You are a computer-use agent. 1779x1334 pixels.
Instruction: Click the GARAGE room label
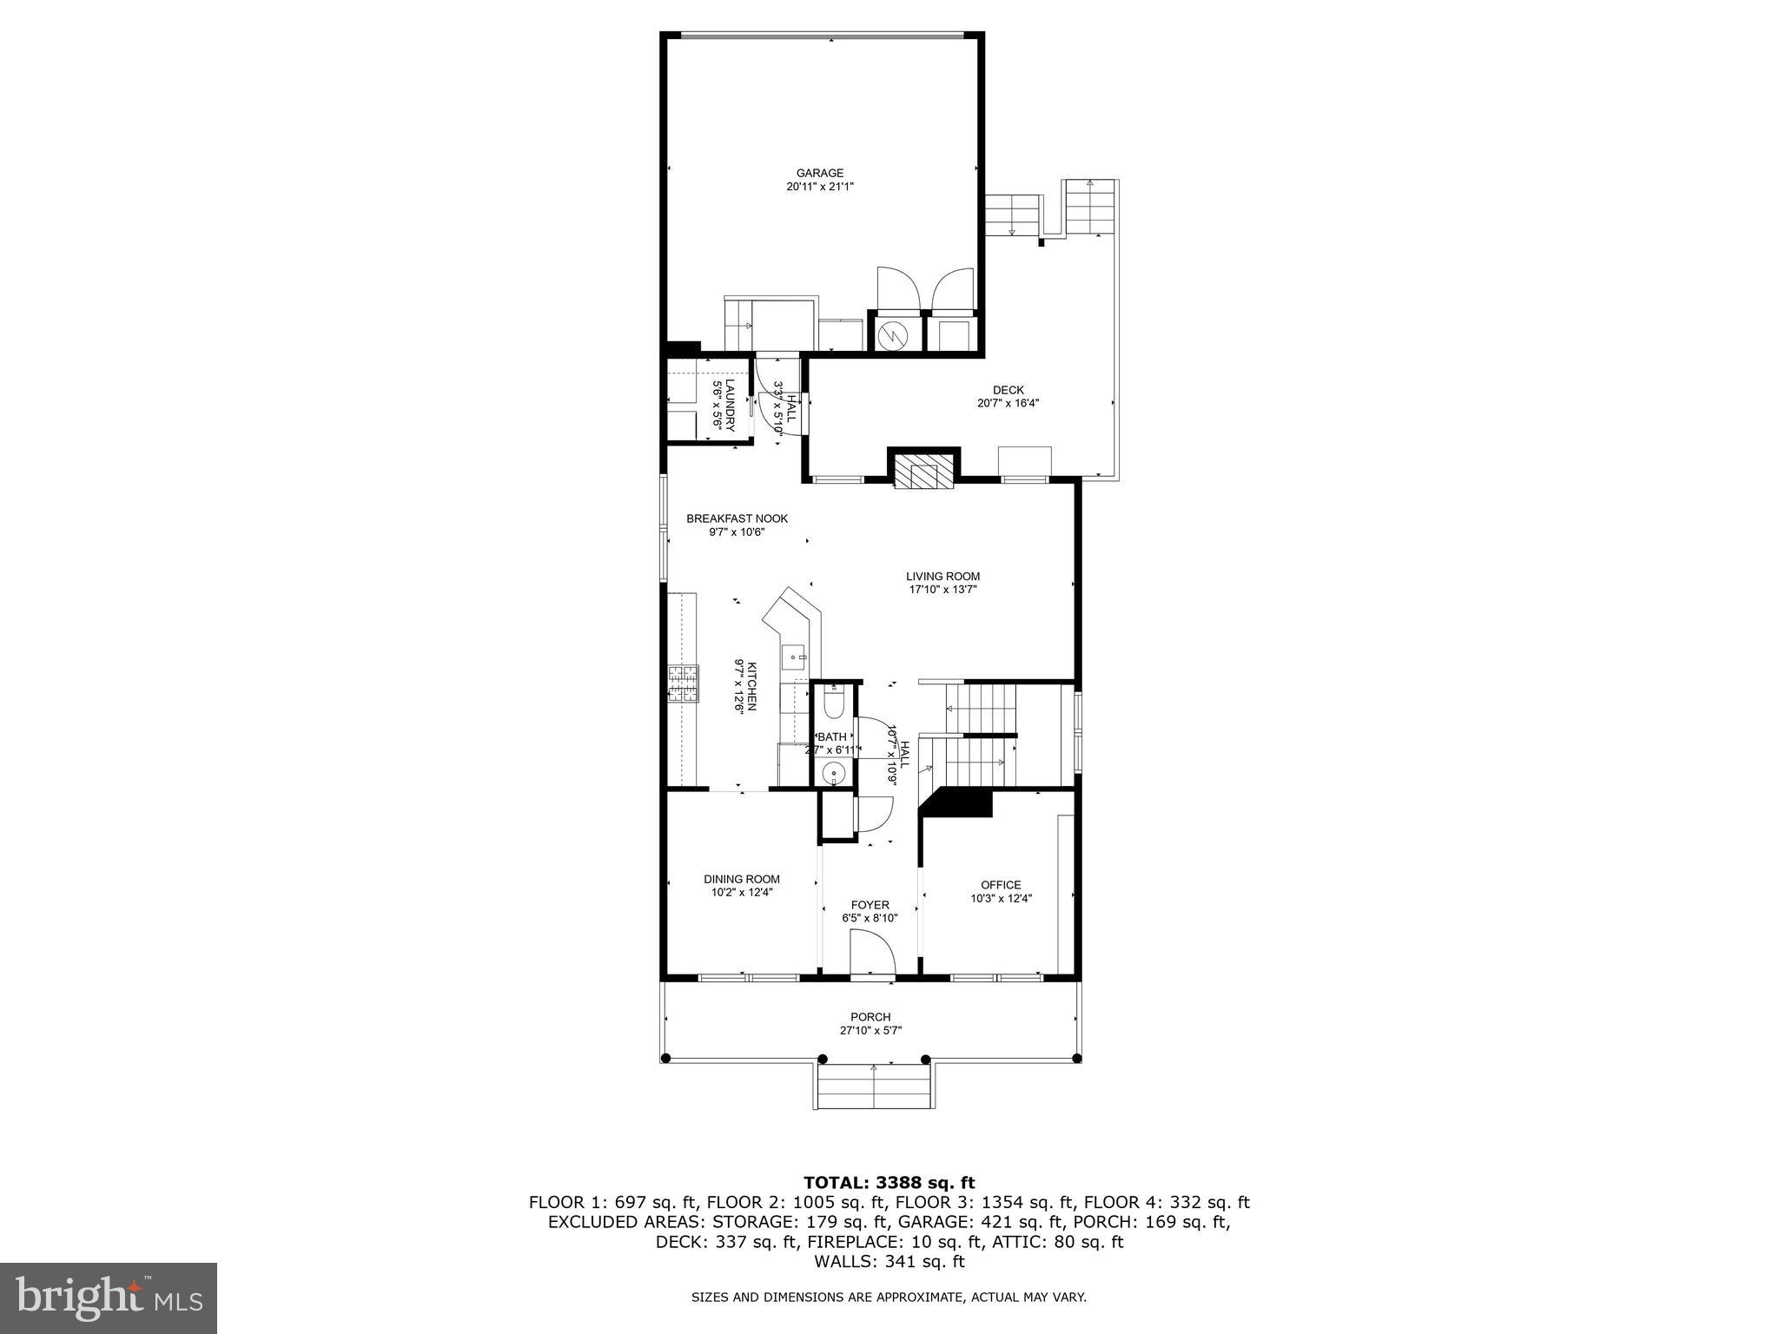[x=820, y=173]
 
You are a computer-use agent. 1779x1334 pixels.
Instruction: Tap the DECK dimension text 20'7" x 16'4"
[x=1008, y=403]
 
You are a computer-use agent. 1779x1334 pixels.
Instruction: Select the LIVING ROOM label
[x=942, y=576]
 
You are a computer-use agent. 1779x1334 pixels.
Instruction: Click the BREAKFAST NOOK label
[x=737, y=518]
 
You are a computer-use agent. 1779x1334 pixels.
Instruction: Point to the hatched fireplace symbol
[x=923, y=473]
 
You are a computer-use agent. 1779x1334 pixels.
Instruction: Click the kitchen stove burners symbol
[x=683, y=683]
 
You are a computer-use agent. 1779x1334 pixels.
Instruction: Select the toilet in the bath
[x=832, y=705]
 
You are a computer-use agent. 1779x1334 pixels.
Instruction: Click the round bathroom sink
[x=832, y=771]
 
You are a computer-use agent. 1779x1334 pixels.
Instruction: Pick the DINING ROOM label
[x=741, y=879]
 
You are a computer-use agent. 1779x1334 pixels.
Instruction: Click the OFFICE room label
[x=1001, y=885]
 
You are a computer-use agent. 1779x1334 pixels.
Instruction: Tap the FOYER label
[x=870, y=905]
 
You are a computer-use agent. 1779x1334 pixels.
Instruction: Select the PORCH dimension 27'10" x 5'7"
[x=870, y=1031]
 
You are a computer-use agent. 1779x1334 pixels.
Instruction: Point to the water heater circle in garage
[x=891, y=333]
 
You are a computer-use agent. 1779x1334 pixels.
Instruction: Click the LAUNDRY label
[x=731, y=406]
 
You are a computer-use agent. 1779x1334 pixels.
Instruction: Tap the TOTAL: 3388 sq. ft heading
[x=889, y=1182]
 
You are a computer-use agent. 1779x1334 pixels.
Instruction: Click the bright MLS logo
[x=109, y=1298]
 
